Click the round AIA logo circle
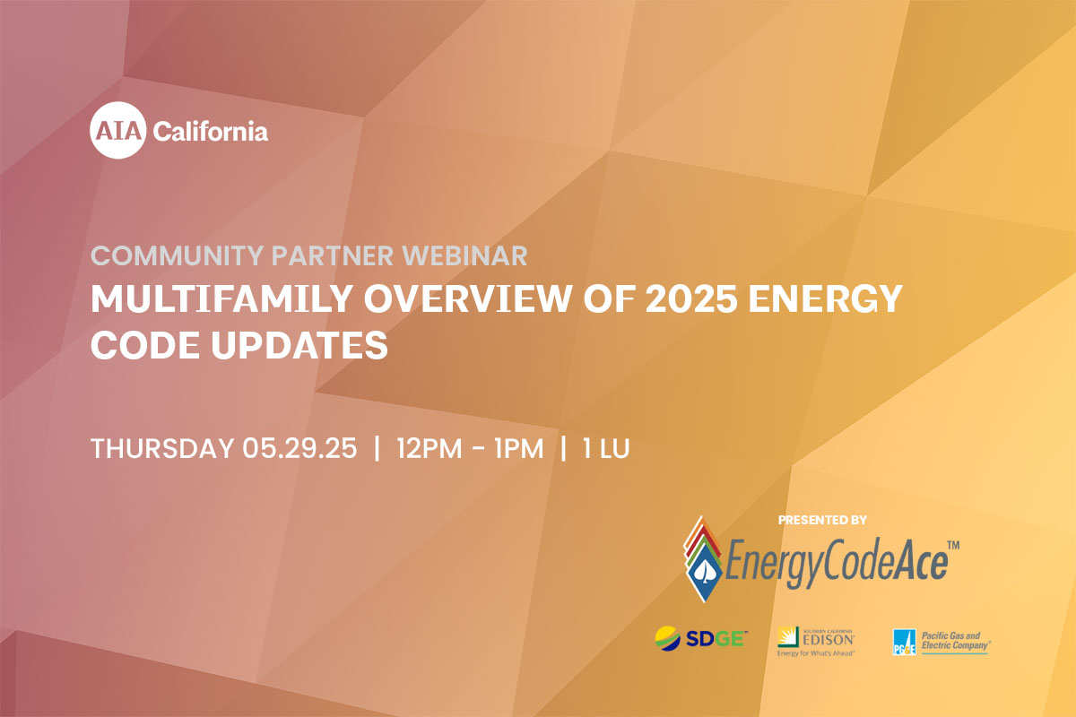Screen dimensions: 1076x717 point(117,130)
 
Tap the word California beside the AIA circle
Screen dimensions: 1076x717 point(211,132)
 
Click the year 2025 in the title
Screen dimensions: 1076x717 point(691,298)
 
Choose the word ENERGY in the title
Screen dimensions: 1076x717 point(826,298)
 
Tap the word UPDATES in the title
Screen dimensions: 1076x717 point(299,345)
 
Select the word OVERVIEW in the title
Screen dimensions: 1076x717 point(468,298)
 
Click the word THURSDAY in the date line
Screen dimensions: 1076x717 point(162,448)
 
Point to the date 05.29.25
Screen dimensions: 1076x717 point(299,448)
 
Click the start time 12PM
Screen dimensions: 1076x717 point(430,448)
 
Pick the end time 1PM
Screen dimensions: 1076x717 point(519,448)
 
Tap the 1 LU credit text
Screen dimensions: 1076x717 point(606,448)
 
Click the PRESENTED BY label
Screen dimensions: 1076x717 point(822,520)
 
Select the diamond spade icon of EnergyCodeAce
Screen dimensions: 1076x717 point(703,559)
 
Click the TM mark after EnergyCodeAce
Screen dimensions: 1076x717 point(953,545)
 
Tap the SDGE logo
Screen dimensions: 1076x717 point(701,639)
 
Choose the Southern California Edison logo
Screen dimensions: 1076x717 point(816,642)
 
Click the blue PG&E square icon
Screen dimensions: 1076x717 point(905,642)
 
